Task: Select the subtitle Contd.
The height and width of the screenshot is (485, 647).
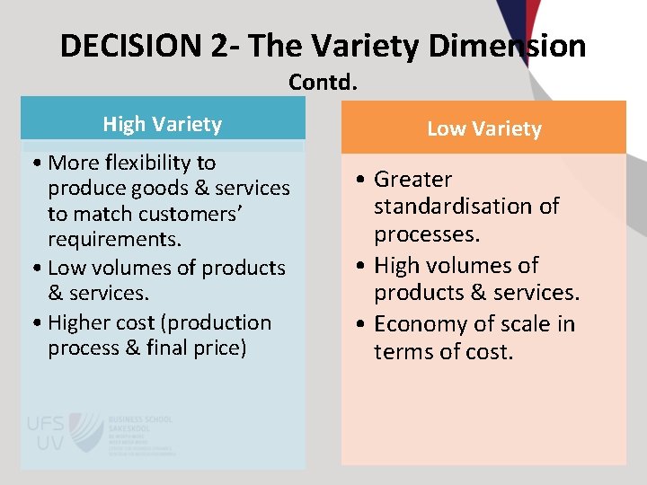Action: (323, 83)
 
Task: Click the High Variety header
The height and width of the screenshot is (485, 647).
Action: (163, 124)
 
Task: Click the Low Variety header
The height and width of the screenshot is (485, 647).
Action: (483, 128)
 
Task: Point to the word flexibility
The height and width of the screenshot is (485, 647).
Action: (159, 163)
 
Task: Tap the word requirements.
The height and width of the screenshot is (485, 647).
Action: (114, 240)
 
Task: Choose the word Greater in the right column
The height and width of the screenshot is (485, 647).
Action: (412, 180)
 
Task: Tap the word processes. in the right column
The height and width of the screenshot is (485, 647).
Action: (427, 234)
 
